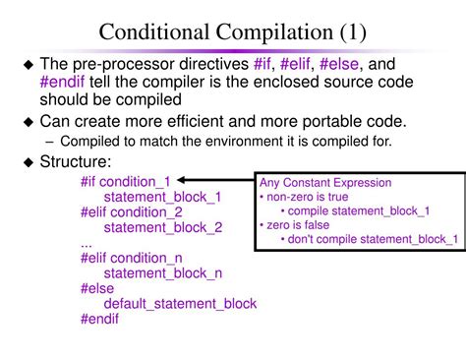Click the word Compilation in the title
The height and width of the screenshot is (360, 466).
(x=274, y=32)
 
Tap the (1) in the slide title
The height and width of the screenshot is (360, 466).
(x=353, y=32)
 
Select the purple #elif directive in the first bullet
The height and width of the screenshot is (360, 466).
(x=295, y=64)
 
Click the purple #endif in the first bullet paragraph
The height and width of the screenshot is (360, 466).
(x=62, y=82)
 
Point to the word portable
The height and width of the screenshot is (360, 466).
(x=332, y=122)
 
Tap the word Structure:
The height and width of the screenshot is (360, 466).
(x=76, y=161)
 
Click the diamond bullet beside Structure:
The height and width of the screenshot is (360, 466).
(x=29, y=162)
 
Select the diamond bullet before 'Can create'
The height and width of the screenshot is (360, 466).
(x=29, y=122)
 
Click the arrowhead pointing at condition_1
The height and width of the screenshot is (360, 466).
(x=181, y=180)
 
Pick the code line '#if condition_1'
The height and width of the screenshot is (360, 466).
(x=126, y=182)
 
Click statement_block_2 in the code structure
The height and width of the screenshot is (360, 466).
(x=163, y=227)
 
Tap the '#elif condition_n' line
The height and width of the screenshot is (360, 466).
(x=132, y=258)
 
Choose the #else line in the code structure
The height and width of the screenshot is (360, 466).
(x=97, y=288)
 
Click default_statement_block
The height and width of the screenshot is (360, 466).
(x=180, y=304)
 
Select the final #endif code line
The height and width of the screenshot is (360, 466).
(x=99, y=319)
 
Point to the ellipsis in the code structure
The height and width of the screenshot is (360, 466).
(x=87, y=246)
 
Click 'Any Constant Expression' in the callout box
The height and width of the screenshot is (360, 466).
(x=325, y=183)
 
